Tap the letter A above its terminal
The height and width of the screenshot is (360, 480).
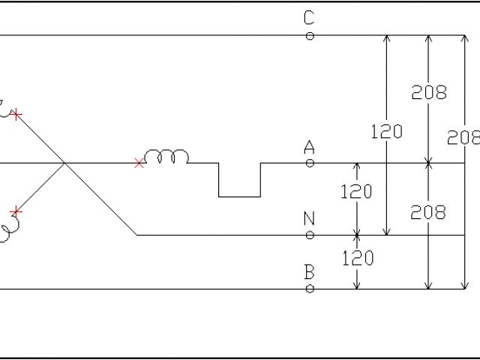coord(309,148)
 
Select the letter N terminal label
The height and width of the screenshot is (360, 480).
coord(309,219)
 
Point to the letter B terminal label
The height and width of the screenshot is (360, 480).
coord(309,272)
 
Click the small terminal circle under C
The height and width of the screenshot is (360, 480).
coord(310,36)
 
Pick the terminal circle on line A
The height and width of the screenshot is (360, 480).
coord(310,163)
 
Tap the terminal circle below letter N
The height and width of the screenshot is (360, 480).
coord(310,235)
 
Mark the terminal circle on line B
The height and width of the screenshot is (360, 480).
coord(310,289)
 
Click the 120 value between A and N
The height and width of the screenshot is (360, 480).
coord(356,191)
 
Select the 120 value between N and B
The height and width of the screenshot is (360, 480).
coord(358,259)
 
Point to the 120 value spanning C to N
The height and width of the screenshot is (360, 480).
coord(386,132)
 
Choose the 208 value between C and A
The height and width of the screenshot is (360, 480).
coord(428,92)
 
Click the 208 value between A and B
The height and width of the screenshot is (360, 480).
coord(428,212)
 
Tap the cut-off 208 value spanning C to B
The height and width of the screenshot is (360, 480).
coord(463,137)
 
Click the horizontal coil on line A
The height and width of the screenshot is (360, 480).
coord(166,157)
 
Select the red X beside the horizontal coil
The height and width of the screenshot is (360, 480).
coord(139,163)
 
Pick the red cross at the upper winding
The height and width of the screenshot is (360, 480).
coord(17,115)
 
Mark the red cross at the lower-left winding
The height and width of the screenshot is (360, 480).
coord(17,211)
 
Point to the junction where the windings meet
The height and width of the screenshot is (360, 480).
coord(65,163)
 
